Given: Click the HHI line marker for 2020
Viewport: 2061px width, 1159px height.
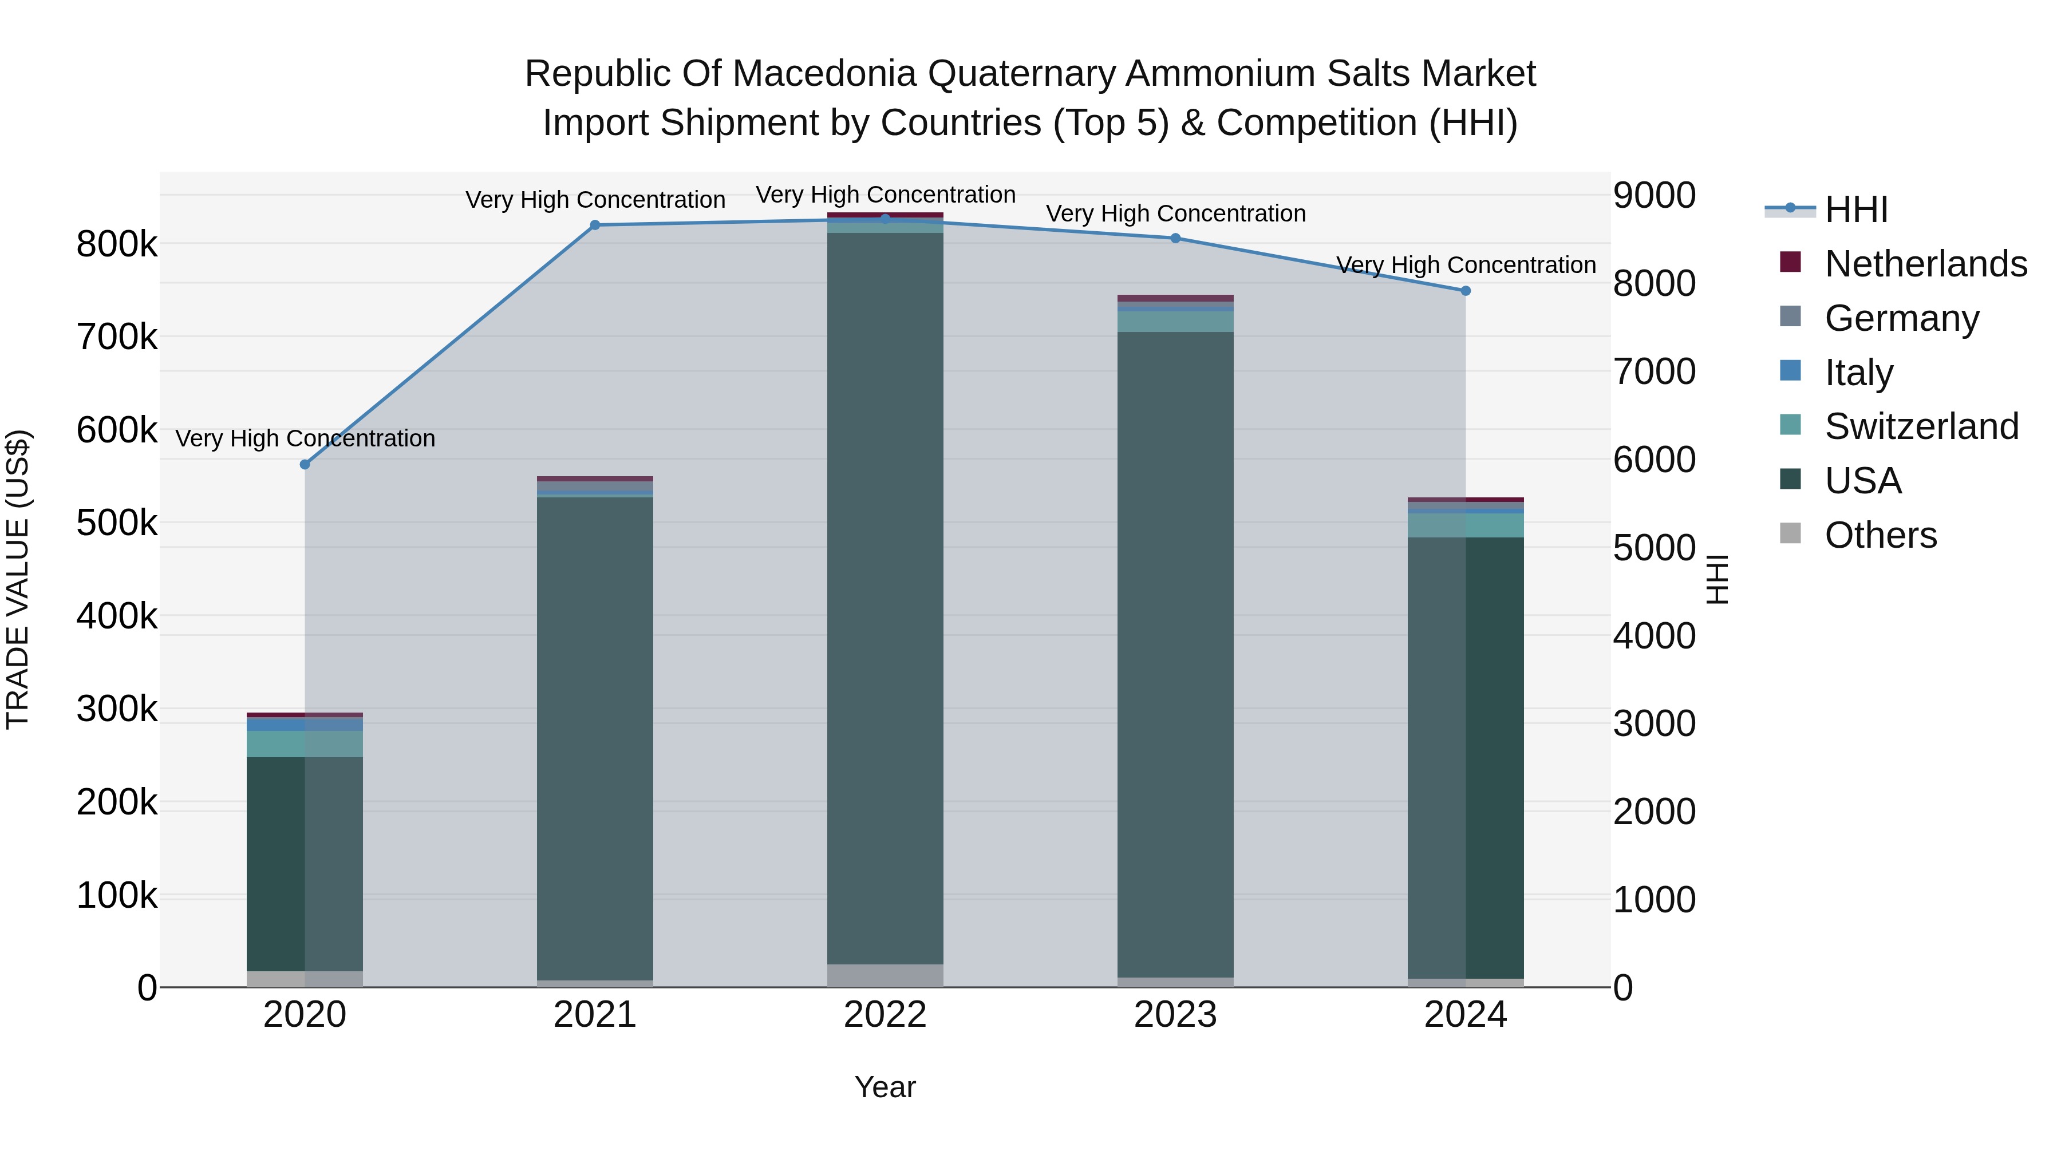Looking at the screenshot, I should pos(305,465).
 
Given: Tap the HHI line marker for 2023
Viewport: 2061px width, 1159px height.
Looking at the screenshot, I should pos(1175,238).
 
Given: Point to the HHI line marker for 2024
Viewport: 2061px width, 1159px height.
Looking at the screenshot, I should pos(1466,291).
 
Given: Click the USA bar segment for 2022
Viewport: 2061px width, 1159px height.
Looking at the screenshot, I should pos(885,598).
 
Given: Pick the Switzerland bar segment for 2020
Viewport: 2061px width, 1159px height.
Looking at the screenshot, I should pos(305,744).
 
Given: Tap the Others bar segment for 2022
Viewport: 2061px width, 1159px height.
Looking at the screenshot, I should pos(885,975).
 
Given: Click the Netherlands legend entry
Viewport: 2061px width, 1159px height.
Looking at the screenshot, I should pos(1925,264).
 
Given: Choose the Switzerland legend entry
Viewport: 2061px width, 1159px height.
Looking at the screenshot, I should pos(1921,426).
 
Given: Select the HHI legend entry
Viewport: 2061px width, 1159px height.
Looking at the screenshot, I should pos(1855,209).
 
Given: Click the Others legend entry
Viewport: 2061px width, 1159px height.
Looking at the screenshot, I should pos(1880,535).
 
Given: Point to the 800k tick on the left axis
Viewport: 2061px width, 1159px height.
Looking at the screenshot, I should pos(117,244).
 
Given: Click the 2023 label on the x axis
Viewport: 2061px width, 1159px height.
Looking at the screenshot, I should pos(1175,1015).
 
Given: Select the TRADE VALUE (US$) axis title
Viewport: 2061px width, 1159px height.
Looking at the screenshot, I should pos(18,579).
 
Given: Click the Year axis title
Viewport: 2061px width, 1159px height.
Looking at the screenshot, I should pos(885,1087).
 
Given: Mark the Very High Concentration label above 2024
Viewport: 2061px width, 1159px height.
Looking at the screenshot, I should pos(1466,265).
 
